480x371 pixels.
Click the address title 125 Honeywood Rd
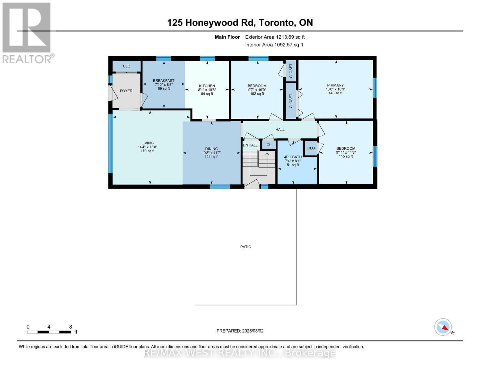click(x=240, y=23)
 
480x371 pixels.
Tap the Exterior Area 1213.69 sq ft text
click(x=275, y=37)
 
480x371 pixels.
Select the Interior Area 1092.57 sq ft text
click(x=274, y=45)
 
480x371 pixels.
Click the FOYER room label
click(x=126, y=91)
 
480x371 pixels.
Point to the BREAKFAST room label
click(x=164, y=81)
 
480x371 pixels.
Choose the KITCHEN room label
click(x=207, y=86)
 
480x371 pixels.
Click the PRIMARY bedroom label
click(x=335, y=85)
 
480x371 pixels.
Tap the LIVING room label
click(x=147, y=143)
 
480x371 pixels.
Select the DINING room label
click(x=211, y=149)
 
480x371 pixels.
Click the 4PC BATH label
click(x=293, y=157)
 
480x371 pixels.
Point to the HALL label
click(x=280, y=130)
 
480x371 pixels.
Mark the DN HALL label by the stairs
click(x=250, y=145)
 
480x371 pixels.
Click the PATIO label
click(x=246, y=247)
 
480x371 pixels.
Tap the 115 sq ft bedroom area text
click(x=346, y=156)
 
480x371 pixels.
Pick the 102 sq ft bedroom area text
click(x=257, y=94)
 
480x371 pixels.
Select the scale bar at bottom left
click(x=49, y=332)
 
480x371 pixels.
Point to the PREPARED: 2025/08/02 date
click(x=240, y=331)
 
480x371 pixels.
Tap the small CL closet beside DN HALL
click(x=269, y=145)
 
